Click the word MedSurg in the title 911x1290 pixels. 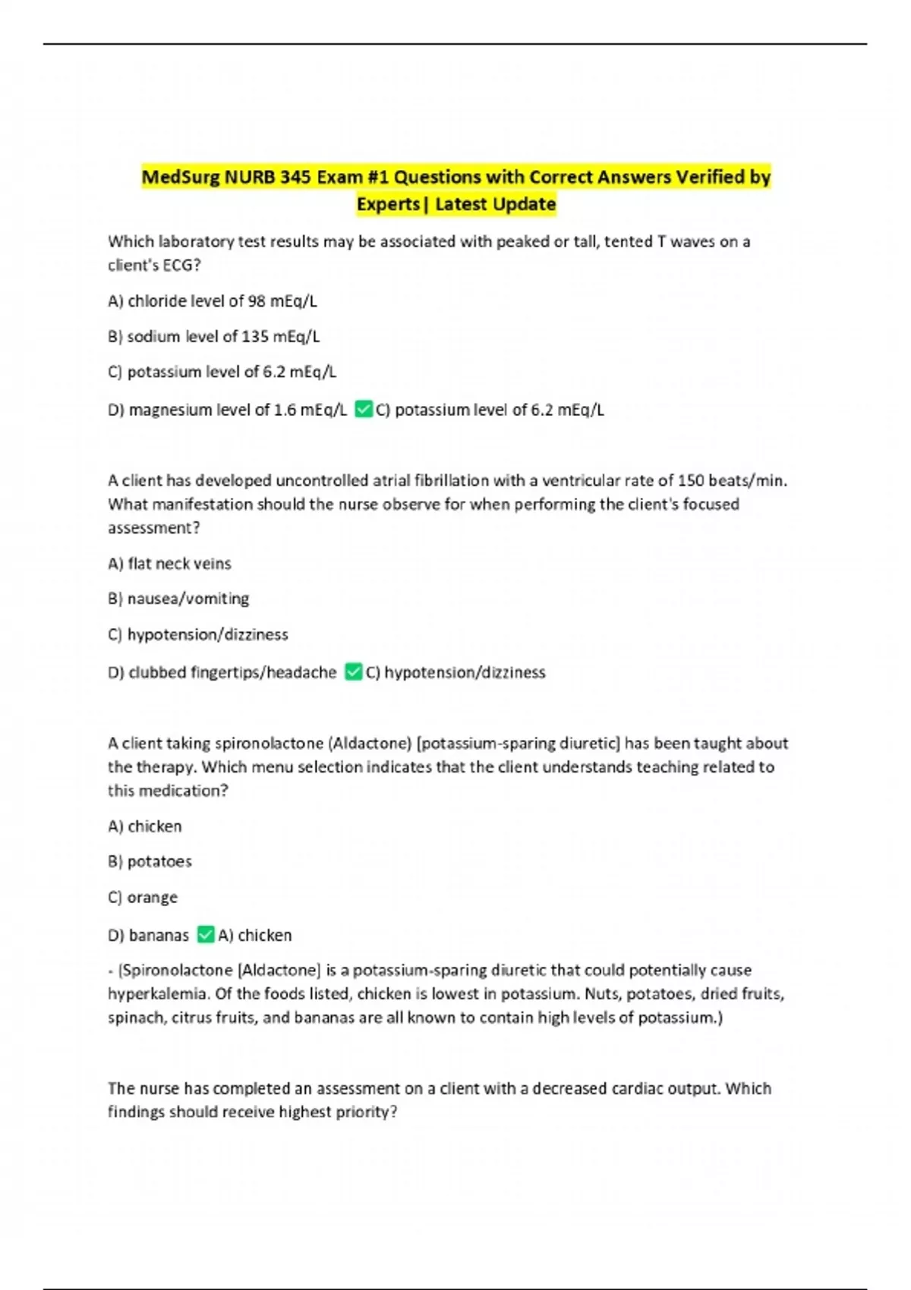[x=181, y=178]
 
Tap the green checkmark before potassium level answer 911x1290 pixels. [x=364, y=410]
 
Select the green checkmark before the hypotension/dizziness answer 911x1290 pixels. [x=353, y=672]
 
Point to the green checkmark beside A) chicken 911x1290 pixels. [x=206, y=934]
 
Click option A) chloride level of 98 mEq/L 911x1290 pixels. [x=213, y=301]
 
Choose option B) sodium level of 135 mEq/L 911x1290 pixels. [x=213, y=336]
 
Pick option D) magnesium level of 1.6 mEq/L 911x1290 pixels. [x=227, y=410]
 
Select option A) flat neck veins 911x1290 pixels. [x=169, y=564]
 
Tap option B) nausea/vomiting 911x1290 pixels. [x=178, y=599]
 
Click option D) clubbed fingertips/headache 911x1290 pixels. [x=222, y=672]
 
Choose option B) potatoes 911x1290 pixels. [x=150, y=861]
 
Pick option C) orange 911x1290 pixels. [x=143, y=897]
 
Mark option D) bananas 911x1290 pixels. [x=148, y=935]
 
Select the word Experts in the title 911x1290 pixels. [x=388, y=204]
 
